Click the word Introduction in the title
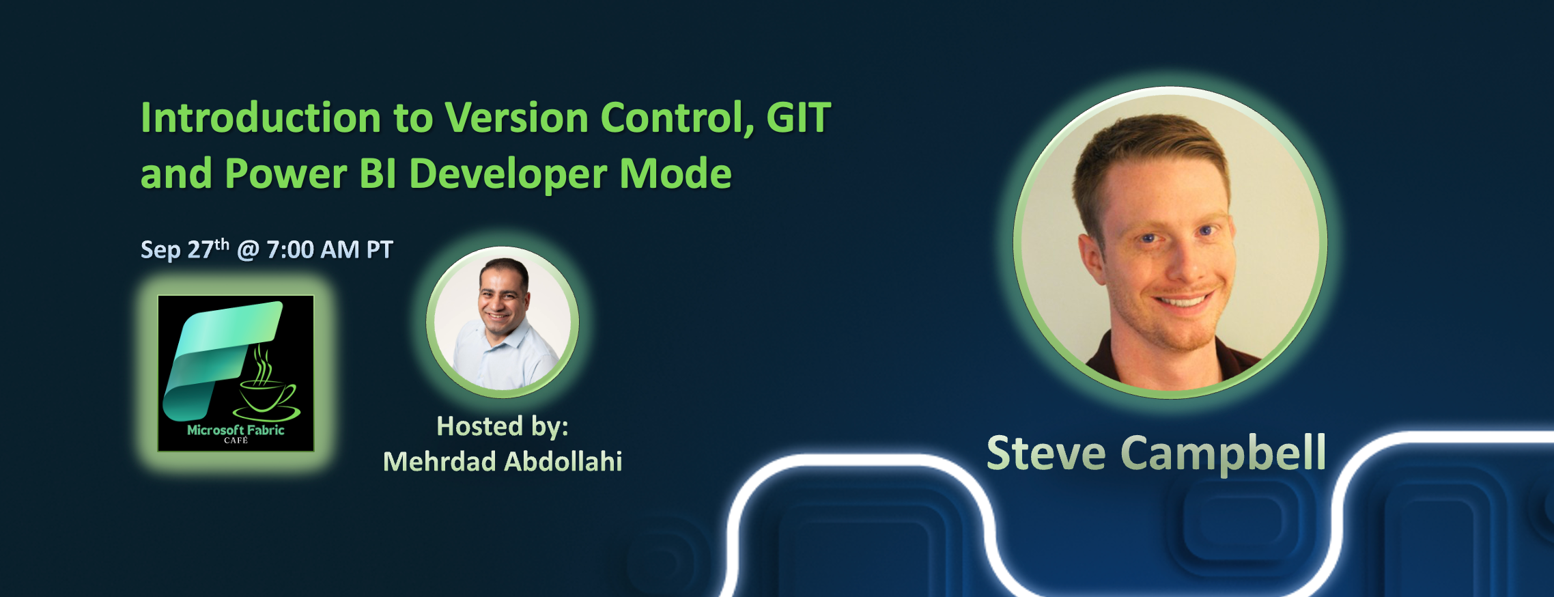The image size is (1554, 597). pyautogui.click(x=260, y=117)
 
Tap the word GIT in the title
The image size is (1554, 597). pyautogui.click(x=798, y=117)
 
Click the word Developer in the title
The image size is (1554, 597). pyautogui.click(x=508, y=173)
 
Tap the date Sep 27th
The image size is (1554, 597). pyautogui.click(x=184, y=249)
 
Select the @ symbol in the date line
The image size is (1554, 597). pyautogui.click(x=248, y=250)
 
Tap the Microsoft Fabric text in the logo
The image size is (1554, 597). pyautogui.click(x=236, y=430)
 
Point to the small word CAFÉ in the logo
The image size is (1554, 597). pyautogui.click(x=236, y=441)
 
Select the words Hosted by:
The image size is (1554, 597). pyautogui.click(x=503, y=426)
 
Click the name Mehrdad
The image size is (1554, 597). pyautogui.click(x=439, y=462)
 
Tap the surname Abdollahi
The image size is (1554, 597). pyautogui.click(x=563, y=462)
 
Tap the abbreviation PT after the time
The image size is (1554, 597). pyautogui.click(x=380, y=250)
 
